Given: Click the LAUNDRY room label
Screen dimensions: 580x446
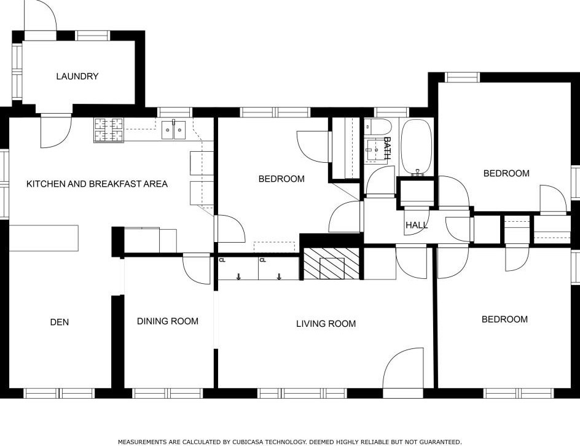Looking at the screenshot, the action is pos(77,76).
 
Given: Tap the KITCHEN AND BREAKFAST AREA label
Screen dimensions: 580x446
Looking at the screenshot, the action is pos(97,184).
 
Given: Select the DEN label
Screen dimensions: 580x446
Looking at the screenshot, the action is pos(60,322).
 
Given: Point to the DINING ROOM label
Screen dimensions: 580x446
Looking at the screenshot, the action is pos(168,321).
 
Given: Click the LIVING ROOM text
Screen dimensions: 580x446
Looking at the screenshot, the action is pos(326,324).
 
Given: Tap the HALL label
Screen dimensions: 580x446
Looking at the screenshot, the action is pos(417,225).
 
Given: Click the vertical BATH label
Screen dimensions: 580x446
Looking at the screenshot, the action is pos(387,148).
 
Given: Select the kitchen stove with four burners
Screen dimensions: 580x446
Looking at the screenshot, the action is pos(109,130).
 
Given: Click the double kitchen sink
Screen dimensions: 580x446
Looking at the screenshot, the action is pos(173,130).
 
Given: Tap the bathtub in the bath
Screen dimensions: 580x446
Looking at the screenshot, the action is pos(417,147).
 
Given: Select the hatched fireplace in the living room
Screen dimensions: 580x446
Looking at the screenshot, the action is pos(331,263).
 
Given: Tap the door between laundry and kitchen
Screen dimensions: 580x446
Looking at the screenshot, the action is pos(55,131).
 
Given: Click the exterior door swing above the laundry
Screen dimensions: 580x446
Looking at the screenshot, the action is pos(41,15).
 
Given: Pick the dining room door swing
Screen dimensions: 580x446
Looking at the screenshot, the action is pos(197,269).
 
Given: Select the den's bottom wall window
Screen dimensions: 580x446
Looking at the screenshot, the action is pos(60,393).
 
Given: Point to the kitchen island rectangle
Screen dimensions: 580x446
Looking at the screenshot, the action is pos(44,238).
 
